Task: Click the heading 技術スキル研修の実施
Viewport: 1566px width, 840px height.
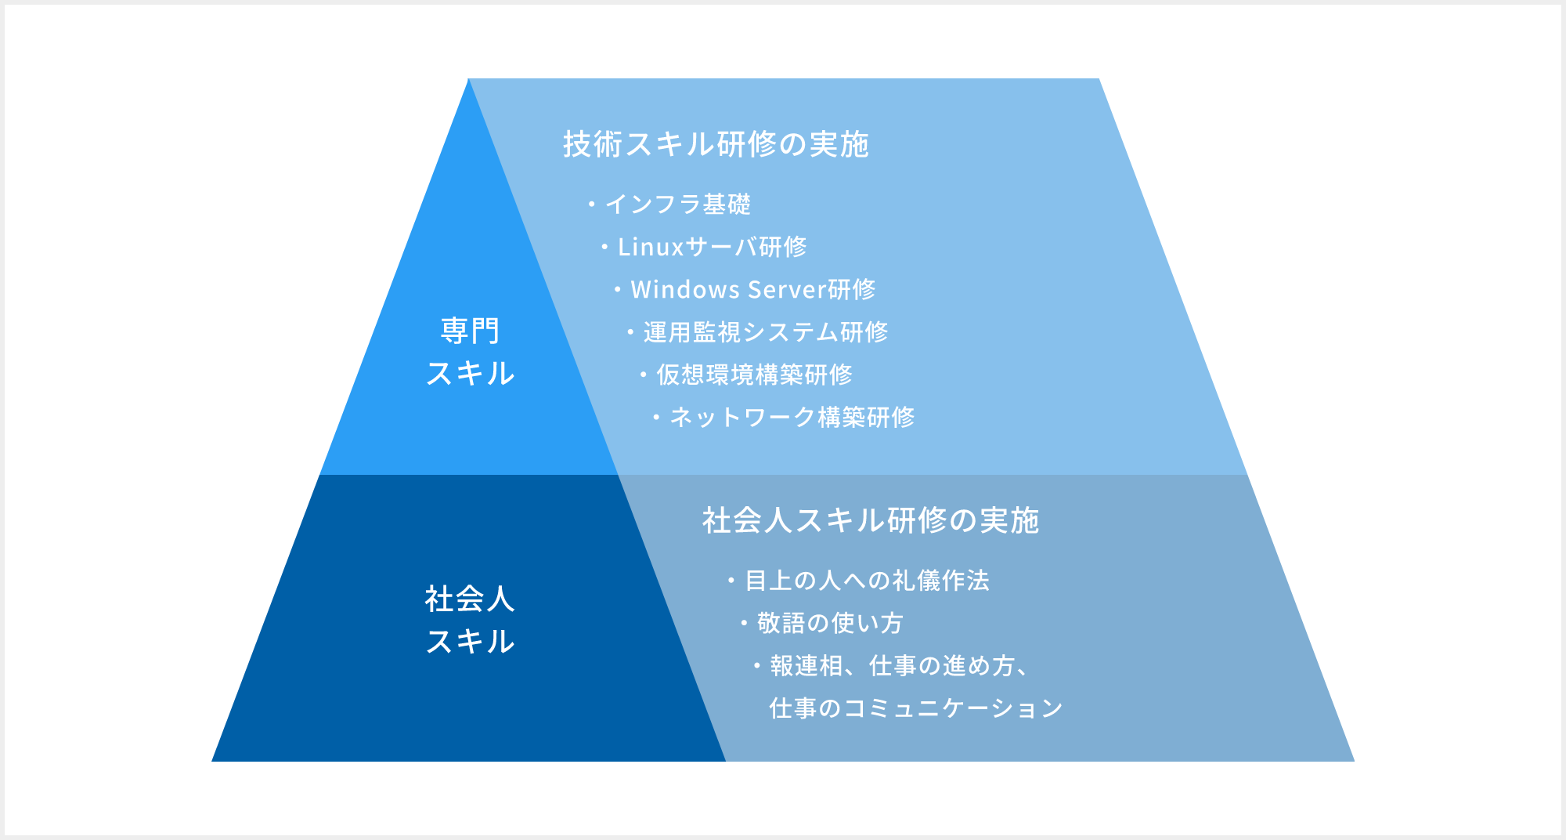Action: coord(716,144)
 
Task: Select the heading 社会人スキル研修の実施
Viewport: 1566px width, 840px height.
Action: coord(870,520)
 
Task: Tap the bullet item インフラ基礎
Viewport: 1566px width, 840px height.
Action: coord(677,205)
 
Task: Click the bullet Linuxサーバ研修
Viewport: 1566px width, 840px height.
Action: coord(711,247)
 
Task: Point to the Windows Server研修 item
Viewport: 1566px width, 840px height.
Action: coord(752,290)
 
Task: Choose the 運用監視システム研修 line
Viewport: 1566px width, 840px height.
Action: coord(765,332)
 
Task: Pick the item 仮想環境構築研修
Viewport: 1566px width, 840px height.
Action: coord(753,375)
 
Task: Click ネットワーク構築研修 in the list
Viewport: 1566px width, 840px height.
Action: coord(792,417)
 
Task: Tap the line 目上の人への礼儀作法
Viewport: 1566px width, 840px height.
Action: coord(866,581)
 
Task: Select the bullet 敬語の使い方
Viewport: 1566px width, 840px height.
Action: coord(830,623)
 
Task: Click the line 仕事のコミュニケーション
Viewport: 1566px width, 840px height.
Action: coord(915,708)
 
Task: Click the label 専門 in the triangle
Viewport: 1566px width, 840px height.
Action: coord(470,331)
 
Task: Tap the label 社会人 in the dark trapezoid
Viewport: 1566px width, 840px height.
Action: coord(470,599)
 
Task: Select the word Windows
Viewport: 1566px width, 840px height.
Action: coord(685,290)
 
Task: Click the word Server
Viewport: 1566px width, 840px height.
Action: coord(787,290)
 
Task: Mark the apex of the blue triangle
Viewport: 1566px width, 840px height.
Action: coord(468,81)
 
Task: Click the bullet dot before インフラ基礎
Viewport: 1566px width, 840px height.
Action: coord(592,205)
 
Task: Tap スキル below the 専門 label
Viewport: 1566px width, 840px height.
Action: coord(470,373)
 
